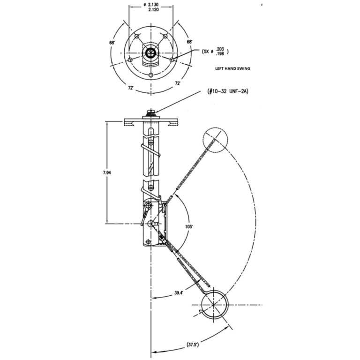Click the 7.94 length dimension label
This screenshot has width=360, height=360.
point(107,172)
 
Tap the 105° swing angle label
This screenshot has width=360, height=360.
point(189,226)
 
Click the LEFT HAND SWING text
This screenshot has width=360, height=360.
point(232,68)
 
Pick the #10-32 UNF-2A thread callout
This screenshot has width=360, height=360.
point(228,91)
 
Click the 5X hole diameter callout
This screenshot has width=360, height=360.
point(215,52)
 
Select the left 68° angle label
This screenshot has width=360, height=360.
point(112,43)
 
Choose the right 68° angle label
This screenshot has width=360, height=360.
point(189,42)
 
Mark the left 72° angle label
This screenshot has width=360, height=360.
point(131,88)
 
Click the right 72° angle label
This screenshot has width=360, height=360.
point(178,83)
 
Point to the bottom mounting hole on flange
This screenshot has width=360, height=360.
point(151,75)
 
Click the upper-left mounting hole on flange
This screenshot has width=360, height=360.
point(137,36)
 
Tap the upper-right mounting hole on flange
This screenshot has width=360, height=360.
point(165,36)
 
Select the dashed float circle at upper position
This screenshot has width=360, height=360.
point(215,139)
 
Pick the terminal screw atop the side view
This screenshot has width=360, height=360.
point(151,112)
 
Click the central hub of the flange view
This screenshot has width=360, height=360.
point(151,53)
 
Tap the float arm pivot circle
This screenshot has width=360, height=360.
point(151,223)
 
